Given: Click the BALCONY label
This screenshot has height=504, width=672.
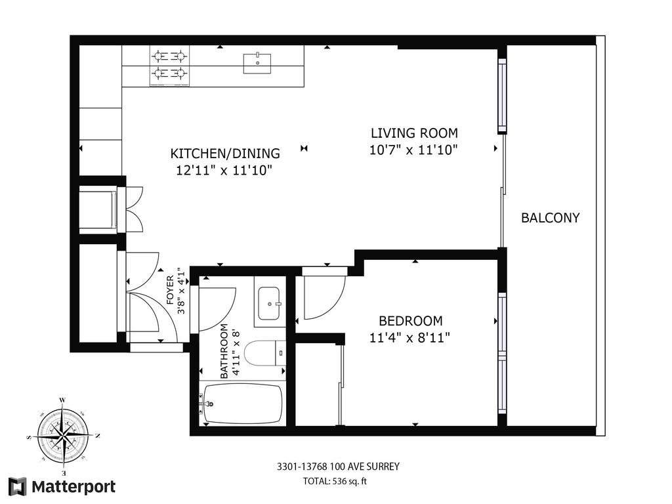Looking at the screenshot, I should pyautogui.click(x=550, y=218).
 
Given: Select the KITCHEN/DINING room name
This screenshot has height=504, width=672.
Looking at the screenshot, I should pyautogui.click(x=225, y=154).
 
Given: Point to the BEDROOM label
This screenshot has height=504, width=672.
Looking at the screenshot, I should pyautogui.click(x=410, y=321).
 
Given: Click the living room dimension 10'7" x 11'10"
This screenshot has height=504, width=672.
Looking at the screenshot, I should pyautogui.click(x=413, y=150).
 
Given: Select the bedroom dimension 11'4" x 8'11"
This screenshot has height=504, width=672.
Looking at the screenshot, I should pyautogui.click(x=410, y=338).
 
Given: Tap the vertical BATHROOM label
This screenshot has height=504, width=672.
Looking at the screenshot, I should pyautogui.click(x=224, y=351).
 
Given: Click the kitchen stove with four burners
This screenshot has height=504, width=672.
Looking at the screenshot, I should pyautogui.click(x=169, y=66).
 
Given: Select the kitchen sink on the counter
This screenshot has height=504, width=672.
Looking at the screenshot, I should pyautogui.click(x=258, y=63).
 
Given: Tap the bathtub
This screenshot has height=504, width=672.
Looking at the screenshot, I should pyautogui.click(x=243, y=404).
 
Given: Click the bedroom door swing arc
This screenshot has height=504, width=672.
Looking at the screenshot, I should pyautogui.click(x=324, y=297).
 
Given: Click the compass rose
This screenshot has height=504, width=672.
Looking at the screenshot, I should pyautogui.click(x=63, y=436).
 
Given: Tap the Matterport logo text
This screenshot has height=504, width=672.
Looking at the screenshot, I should pyautogui.click(x=73, y=487).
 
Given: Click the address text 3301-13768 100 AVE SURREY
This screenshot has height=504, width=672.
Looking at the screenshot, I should pyautogui.click(x=338, y=467).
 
